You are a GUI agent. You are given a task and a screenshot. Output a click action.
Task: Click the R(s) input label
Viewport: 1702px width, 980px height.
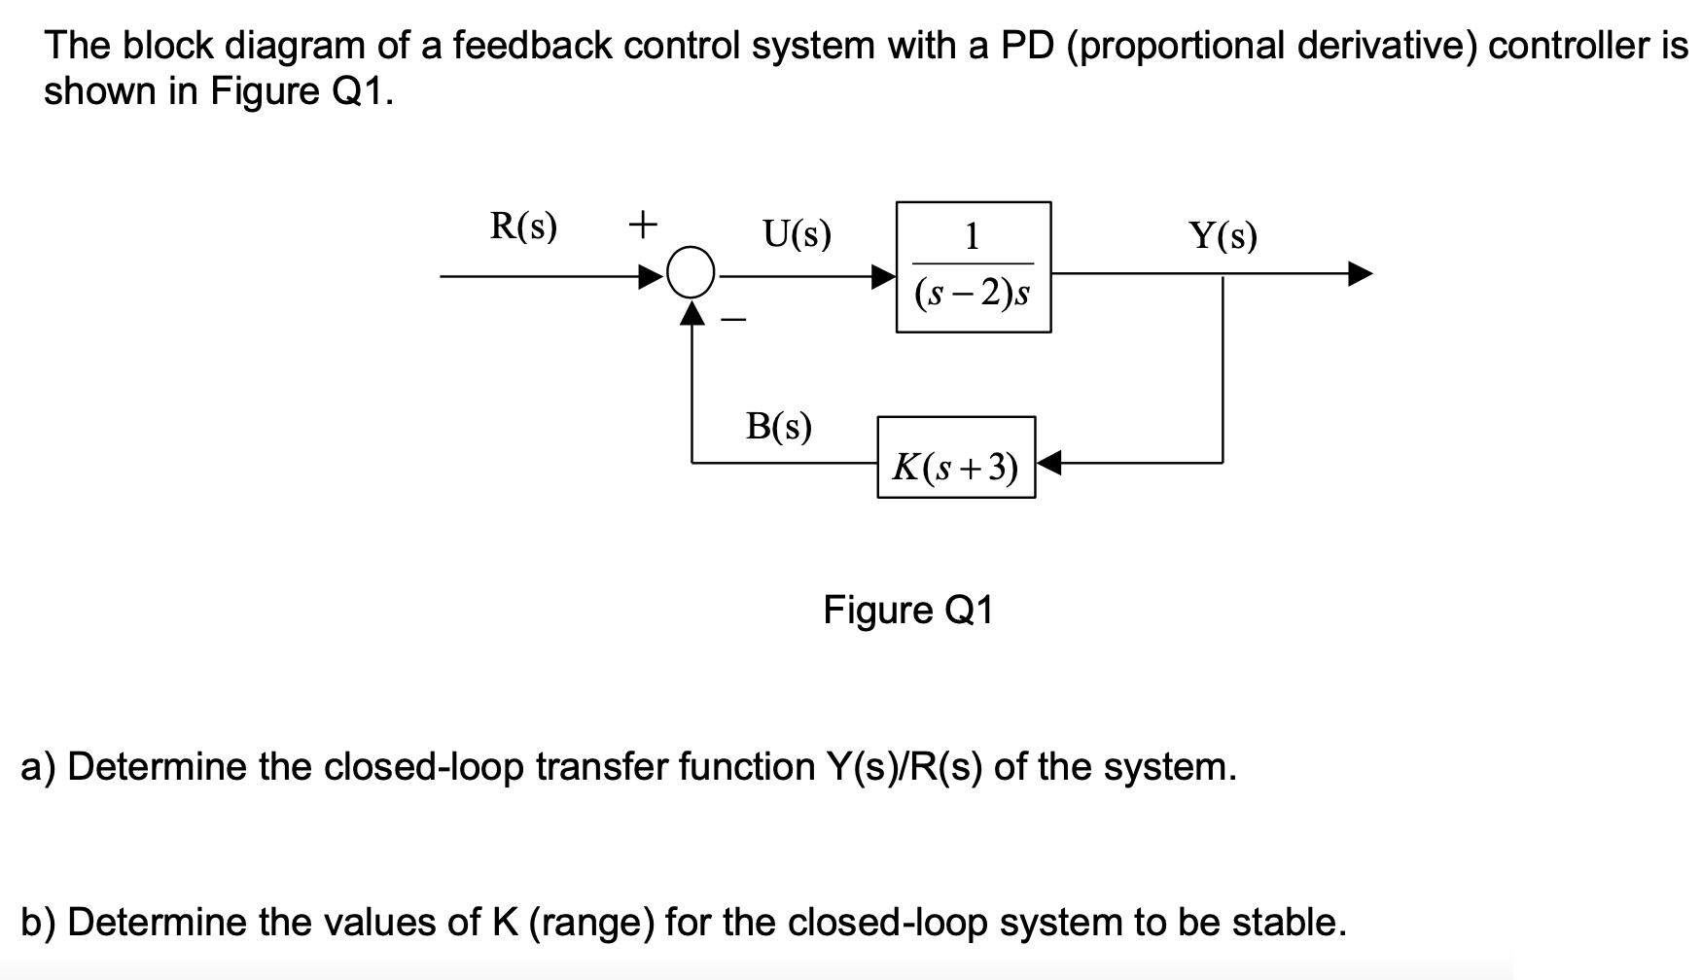523,227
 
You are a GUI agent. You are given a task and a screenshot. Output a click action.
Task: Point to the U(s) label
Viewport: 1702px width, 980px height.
797,234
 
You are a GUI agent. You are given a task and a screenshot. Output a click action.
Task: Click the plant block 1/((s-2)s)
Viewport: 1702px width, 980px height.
973,267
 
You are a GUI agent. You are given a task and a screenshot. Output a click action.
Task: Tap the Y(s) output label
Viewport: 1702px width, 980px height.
1223,235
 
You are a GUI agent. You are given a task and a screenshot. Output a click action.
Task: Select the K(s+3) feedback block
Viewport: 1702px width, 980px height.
956,458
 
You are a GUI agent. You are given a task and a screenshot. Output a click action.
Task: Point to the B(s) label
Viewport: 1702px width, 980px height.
778,426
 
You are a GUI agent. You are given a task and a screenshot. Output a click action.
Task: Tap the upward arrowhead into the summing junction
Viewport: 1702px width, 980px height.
692,312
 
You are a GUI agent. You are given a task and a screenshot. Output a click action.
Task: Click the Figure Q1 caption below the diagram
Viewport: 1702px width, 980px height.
907,611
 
